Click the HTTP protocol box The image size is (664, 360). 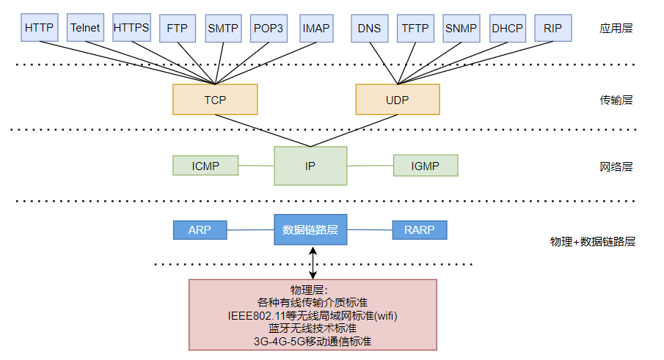39,28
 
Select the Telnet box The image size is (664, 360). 85,28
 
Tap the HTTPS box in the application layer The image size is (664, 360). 131,28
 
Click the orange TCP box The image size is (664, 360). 215,99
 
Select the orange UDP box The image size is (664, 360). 397,99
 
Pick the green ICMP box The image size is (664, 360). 205,166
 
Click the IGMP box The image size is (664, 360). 426,166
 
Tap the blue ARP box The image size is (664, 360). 200,229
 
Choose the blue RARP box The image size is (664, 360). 420,229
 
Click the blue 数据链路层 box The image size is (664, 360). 310,229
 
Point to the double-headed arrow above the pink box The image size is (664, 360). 314,262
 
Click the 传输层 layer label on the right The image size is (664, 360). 616,100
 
